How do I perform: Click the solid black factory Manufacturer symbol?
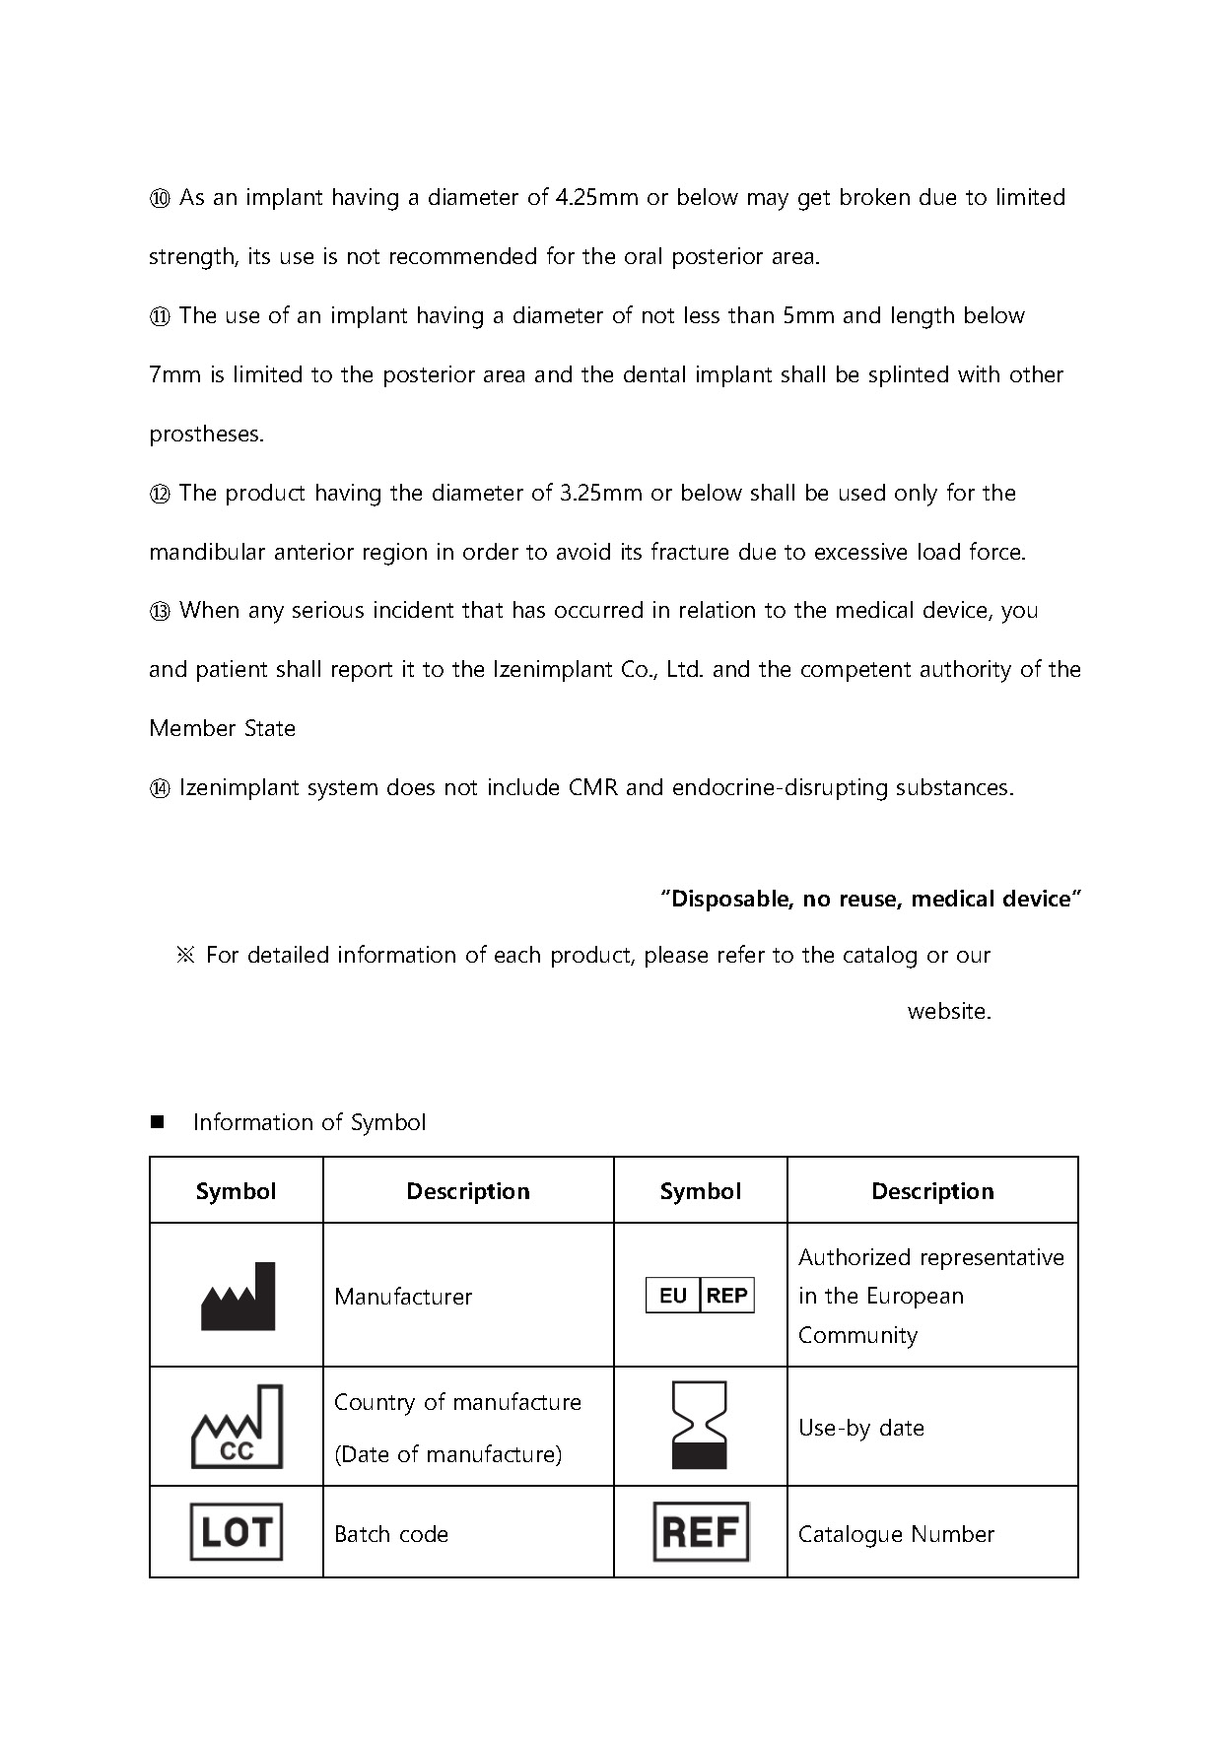(x=238, y=1296)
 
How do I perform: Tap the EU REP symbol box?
(x=700, y=1295)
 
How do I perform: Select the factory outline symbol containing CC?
(x=237, y=1427)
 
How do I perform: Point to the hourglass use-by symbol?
(x=699, y=1426)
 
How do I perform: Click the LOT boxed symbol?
(x=237, y=1532)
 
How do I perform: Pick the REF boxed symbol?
(x=701, y=1532)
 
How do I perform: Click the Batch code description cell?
(x=391, y=1534)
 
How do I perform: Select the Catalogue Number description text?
(x=896, y=1534)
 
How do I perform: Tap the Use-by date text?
(x=860, y=1428)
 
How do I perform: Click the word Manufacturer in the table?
(x=403, y=1297)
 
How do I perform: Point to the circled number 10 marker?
(x=160, y=198)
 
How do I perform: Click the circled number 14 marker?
(x=160, y=788)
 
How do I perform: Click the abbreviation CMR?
(x=592, y=788)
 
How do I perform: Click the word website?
(x=949, y=1011)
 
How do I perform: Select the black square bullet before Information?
(x=157, y=1122)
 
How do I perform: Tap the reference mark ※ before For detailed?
(x=186, y=955)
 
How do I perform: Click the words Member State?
(x=222, y=729)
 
